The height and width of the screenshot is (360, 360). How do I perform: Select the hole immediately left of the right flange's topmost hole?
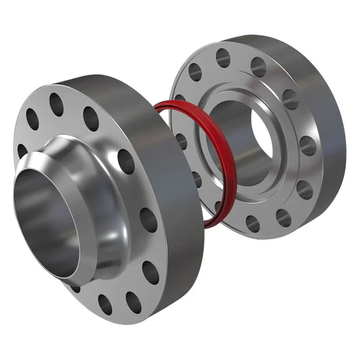[195, 72]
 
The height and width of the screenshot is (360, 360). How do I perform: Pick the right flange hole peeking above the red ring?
[179, 98]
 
